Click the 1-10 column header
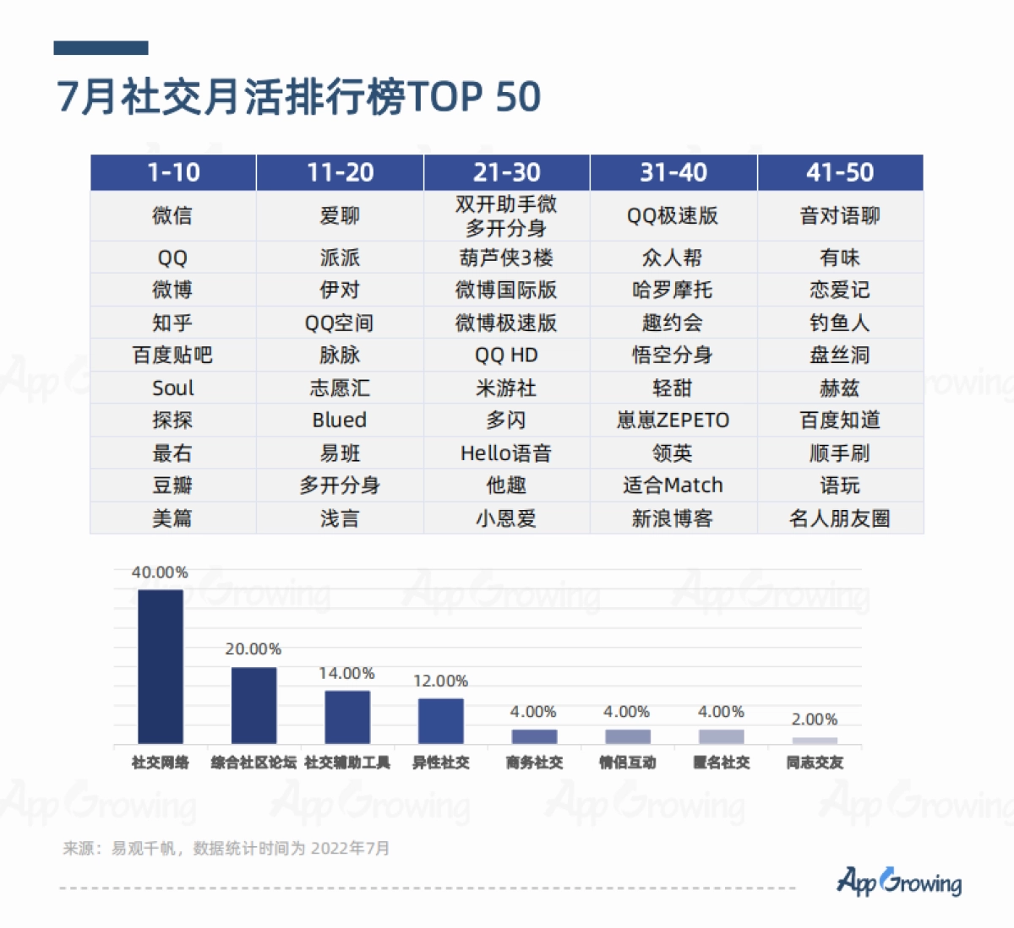173,172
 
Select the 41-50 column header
840,172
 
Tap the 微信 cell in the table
172,216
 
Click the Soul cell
172,388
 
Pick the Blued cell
340,420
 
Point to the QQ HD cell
506,355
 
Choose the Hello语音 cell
506,453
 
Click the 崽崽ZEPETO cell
673,420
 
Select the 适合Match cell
673,486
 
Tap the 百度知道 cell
840,420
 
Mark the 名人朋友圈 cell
840,518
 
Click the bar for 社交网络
161,666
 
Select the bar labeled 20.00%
253,705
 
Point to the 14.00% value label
346,673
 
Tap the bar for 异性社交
440,720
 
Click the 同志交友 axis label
815,762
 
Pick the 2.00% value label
815,719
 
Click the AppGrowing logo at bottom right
899,882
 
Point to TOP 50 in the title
474,97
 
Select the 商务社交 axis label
534,762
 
